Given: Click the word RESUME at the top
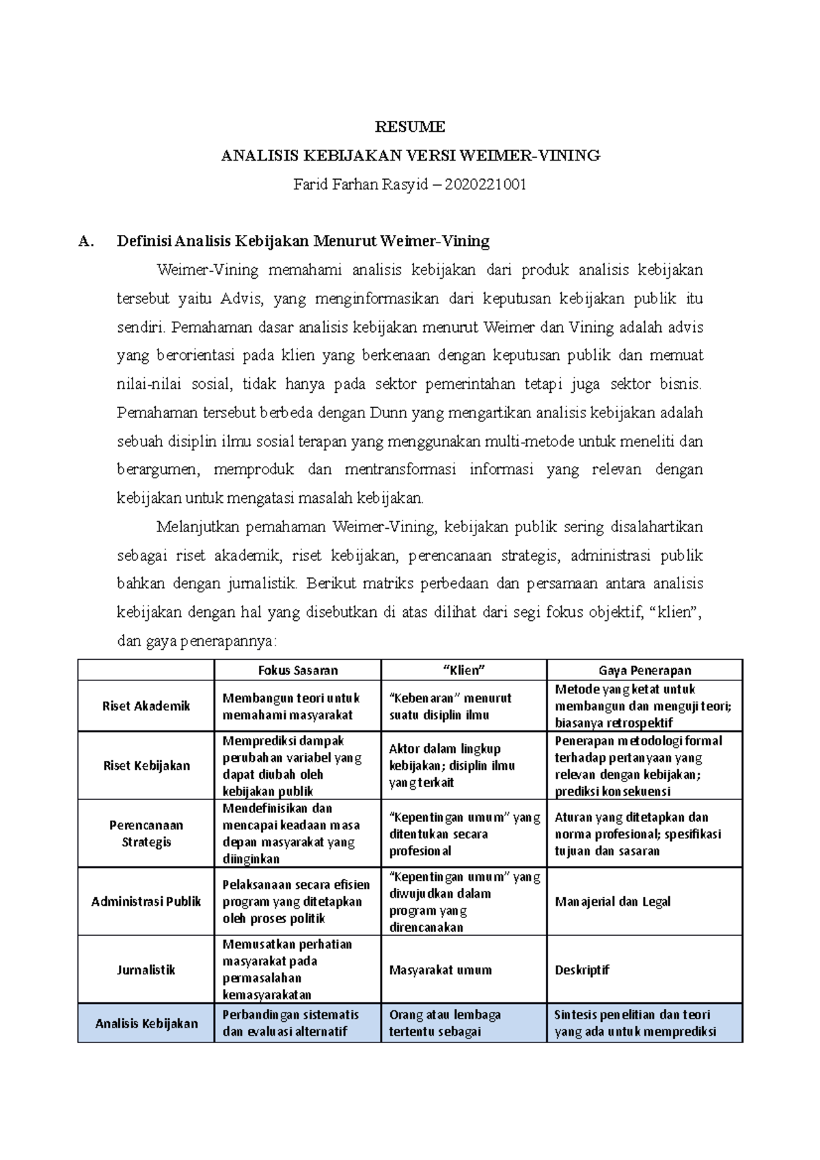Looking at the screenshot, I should click(x=410, y=127).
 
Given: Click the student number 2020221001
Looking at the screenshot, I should click(x=485, y=184).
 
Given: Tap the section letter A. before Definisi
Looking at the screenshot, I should click(x=85, y=241).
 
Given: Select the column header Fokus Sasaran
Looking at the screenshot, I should click(x=298, y=670).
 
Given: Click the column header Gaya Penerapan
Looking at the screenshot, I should click(x=644, y=670).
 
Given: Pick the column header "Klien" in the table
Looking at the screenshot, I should click(x=464, y=670).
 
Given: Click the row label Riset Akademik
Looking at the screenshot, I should click(x=146, y=706).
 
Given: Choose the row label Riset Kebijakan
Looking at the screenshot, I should click(x=146, y=765).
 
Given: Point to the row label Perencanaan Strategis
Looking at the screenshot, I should click(x=146, y=833).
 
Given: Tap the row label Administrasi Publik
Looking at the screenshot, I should click(x=146, y=901).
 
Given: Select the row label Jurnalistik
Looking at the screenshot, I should click(x=146, y=969).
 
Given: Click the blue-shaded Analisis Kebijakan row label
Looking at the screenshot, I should click(x=146, y=1023).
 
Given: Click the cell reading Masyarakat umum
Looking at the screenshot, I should click(x=441, y=969).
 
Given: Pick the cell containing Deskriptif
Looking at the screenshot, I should click(x=582, y=969).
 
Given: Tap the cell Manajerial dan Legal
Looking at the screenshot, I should click(x=612, y=901).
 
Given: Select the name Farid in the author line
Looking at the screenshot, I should click(x=310, y=184).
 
